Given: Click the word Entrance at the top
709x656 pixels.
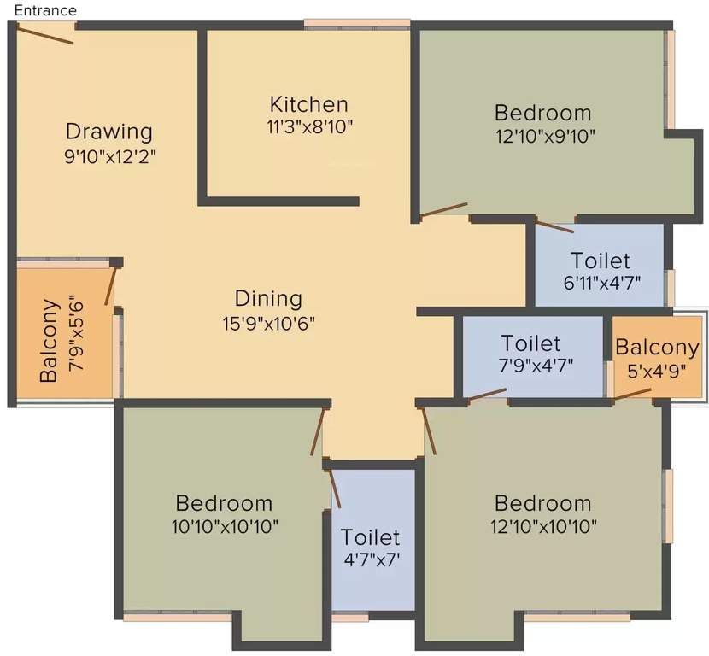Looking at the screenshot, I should tap(45, 10).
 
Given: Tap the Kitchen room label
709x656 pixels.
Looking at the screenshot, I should tap(308, 104).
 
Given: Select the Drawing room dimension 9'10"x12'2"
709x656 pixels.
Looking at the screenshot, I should tap(110, 157).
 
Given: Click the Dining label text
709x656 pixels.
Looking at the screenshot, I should tap(268, 299).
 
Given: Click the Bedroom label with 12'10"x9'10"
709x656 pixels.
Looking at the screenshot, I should tap(542, 113).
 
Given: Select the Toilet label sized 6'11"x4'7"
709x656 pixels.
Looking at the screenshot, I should tap(600, 260).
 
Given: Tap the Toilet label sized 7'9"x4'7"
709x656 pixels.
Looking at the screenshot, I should tap(530, 343).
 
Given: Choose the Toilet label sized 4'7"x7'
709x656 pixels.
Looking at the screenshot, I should tap(370, 537).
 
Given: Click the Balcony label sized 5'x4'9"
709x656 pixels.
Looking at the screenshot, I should tap(657, 348).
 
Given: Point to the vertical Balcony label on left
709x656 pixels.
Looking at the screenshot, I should tap(50, 340).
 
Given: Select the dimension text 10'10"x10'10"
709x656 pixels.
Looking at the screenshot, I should tap(224, 525).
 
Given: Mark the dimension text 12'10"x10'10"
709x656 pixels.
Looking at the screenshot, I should tap(542, 525).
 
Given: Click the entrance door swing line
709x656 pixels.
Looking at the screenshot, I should tap(44, 32).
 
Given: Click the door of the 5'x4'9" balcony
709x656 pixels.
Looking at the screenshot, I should tap(633, 394).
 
